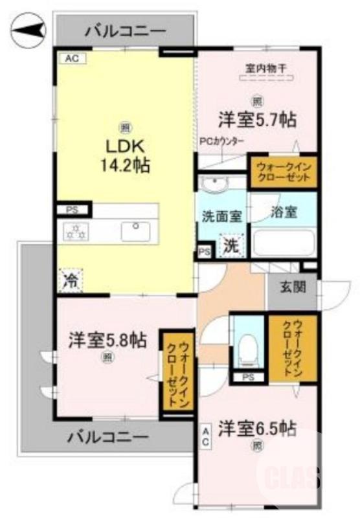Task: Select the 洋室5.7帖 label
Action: (257, 119)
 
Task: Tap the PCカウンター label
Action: (221, 141)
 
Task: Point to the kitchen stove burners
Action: (75, 230)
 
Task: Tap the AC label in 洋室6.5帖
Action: (205, 436)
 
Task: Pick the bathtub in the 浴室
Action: (283, 243)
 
